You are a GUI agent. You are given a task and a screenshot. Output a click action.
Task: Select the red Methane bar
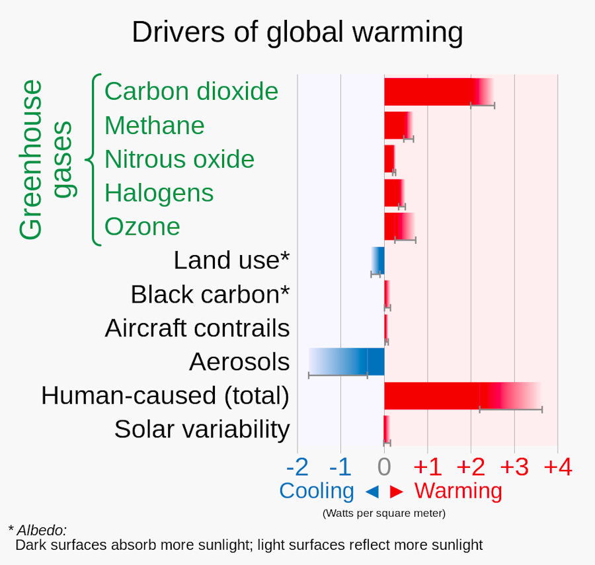click(397, 125)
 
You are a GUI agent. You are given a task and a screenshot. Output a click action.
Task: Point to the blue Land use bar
click(378, 260)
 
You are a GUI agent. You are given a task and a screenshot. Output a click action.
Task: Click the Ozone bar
click(399, 226)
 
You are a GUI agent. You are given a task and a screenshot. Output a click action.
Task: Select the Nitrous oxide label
click(179, 159)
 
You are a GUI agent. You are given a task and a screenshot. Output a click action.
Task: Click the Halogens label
click(159, 193)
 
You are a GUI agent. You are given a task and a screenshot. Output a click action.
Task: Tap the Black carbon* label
click(210, 294)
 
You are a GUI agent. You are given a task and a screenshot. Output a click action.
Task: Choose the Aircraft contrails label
click(197, 328)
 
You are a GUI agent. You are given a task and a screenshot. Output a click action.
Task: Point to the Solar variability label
click(202, 429)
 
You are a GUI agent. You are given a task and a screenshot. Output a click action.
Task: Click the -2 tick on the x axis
click(297, 468)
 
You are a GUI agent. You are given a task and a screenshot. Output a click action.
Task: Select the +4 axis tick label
click(557, 468)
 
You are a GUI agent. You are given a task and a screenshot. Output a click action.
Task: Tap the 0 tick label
click(383, 468)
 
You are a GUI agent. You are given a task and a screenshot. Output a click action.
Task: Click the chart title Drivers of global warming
click(297, 32)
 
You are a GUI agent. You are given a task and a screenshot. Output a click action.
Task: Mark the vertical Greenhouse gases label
click(46, 159)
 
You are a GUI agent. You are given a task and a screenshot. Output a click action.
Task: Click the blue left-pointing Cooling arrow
click(372, 492)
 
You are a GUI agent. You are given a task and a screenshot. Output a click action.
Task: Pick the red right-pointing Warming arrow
click(397, 492)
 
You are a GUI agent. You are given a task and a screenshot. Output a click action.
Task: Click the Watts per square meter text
click(383, 513)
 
